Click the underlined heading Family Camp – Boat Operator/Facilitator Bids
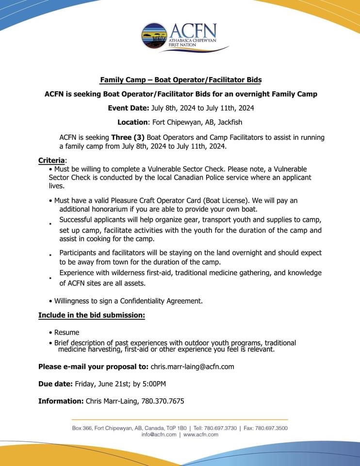pyautogui.click(x=180, y=80)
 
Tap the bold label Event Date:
pyautogui.click(x=129, y=108)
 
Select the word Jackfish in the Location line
pyautogui.click(x=229, y=122)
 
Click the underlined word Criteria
pyautogui.click(x=51, y=160)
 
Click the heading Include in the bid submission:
pyautogui.click(x=92, y=315)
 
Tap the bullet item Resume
pyautogui.click(x=66, y=333)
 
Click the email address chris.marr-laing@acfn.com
pyautogui.click(x=193, y=366)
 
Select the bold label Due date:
pyautogui.click(x=55, y=384)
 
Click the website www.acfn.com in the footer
pyautogui.click(x=201, y=435)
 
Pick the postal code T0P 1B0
pyautogui.click(x=175, y=428)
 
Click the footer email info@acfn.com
pyautogui.click(x=159, y=435)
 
